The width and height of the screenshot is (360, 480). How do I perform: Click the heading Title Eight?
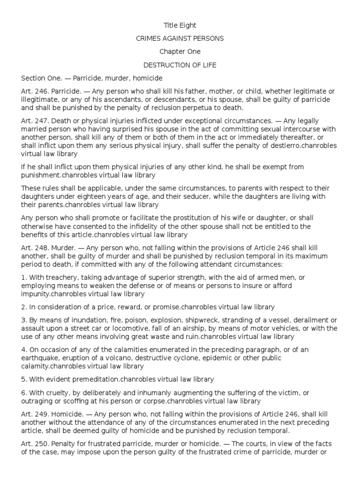pos(180,25)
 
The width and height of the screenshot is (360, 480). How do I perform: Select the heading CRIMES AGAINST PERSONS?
pos(180,38)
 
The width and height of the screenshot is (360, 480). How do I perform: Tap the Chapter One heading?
pos(180,52)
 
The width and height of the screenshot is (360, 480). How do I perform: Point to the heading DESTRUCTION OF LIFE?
pos(180,65)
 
